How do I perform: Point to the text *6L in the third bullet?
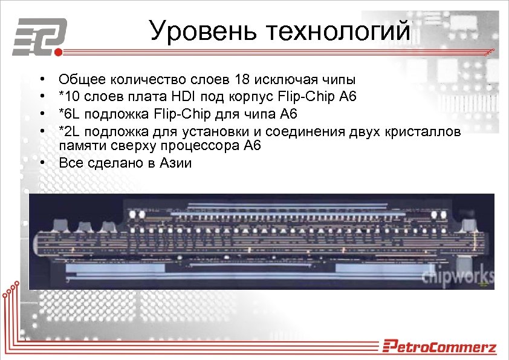pyautogui.click(x=70, y=113)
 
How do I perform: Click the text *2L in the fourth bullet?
pyautogui.click(x=70, y=130)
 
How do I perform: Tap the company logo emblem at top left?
pyautogui.click(x=39, y=38)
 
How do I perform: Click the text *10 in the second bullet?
pyautogui.click(x=68, y=96)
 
